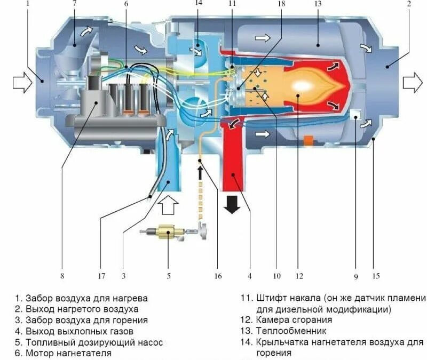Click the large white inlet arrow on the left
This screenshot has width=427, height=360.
point(22,83)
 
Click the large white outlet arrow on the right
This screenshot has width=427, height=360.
point(412,83)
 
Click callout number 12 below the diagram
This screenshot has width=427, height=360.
point(299,276)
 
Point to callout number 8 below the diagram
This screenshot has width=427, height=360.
point(62,276)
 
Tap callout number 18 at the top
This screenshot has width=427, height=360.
point(282,4)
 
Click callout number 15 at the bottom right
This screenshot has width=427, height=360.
point(376,276)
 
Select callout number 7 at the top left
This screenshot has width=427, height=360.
point(74,4)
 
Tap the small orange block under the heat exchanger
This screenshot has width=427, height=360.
point(307,141)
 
